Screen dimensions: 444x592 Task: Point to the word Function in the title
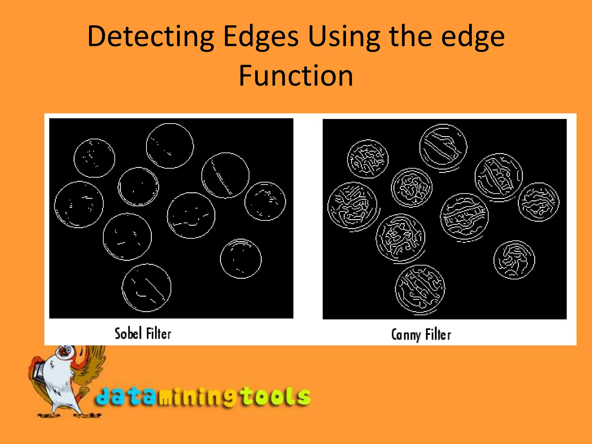[296, 76]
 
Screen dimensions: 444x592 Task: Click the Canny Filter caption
[421, 335]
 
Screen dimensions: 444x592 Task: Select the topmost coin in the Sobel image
[170, 146]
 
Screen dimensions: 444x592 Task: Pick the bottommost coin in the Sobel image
[147, 288]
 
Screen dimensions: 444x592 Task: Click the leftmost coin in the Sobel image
[79, 204]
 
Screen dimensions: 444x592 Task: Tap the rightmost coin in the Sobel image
[265, 201]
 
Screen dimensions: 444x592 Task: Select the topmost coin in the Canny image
[443, 147]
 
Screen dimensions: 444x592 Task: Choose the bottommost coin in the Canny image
[420, 289]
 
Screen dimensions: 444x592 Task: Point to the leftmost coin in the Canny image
[352, 206]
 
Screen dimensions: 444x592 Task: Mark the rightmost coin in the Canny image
[539, 202]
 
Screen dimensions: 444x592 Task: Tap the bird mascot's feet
[69, 415]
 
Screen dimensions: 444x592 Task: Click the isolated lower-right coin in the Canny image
[514, 260]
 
